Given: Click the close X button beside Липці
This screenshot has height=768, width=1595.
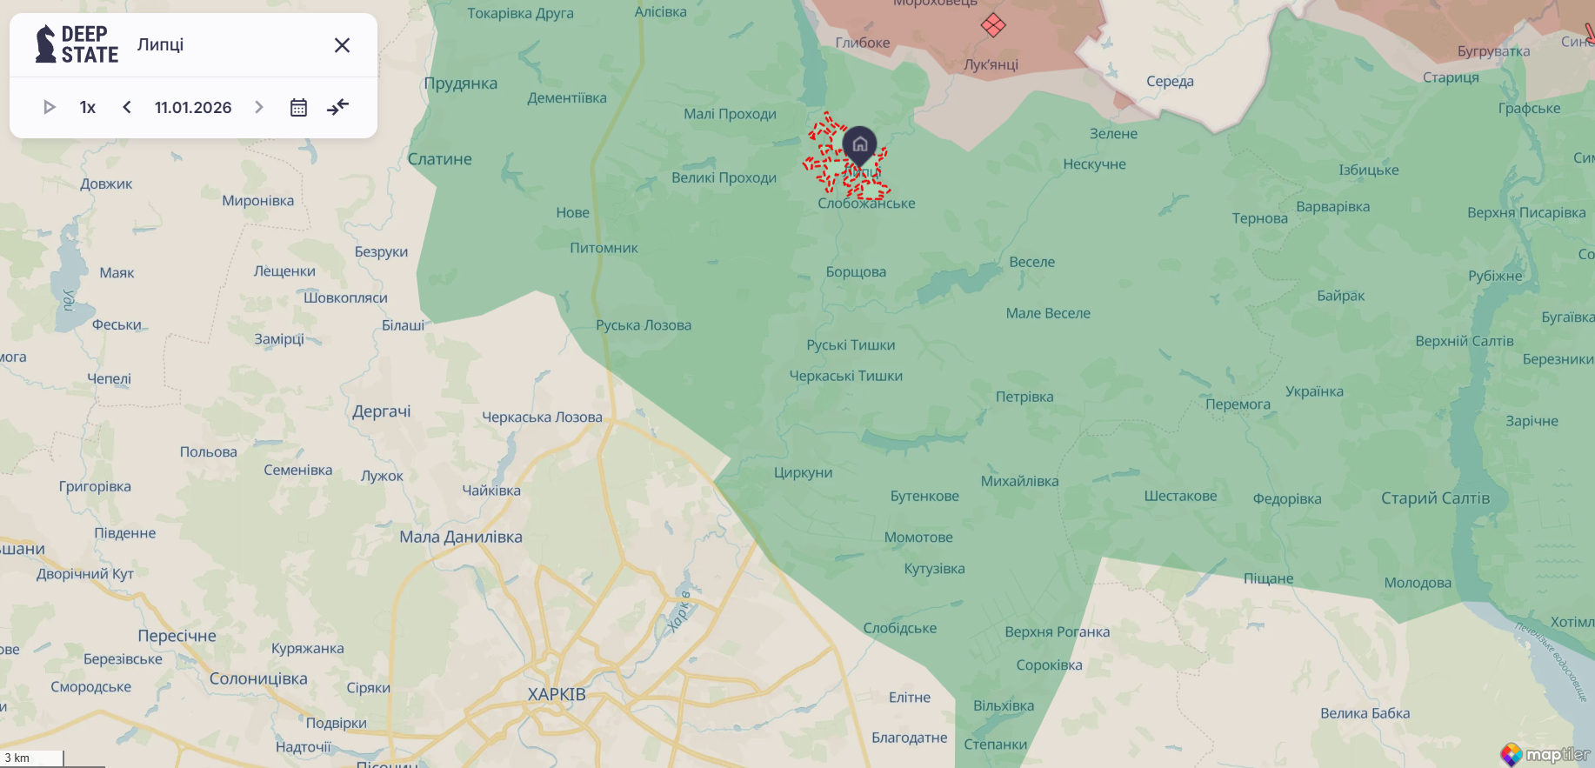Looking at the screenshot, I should [x=342, y=45].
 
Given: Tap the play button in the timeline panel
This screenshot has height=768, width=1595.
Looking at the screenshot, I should [x=50, y=107].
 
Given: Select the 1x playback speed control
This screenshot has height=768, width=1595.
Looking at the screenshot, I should [x=88, y=107].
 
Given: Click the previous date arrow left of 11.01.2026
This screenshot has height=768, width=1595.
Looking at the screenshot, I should [x=127, y=107].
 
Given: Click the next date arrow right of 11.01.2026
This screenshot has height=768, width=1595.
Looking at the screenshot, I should [x=258, y=107].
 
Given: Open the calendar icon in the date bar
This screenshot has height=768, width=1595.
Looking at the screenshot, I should [x=298, y=107].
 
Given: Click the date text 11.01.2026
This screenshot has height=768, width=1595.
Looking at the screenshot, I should [x=193, y=107].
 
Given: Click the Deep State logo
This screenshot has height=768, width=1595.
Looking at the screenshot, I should [x=77, y=44].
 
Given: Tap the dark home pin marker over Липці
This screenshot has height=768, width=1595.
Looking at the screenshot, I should [x=859, y=144].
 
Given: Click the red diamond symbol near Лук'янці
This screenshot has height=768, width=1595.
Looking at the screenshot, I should [x=993, y=25].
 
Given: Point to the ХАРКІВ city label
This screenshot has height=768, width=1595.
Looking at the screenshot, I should [x=557, y=694].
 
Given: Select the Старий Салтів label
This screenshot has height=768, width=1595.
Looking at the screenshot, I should [x=1435, y=498].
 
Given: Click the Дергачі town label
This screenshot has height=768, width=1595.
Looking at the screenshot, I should [x=382, y=411].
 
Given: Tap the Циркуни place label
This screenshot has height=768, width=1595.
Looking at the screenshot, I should [x=803, y=472].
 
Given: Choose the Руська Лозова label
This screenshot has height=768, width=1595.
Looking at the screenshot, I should [x=644, y=325].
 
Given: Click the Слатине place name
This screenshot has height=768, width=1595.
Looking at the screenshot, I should [x=440, y=159].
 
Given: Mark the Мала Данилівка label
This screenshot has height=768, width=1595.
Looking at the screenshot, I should [x=461, y=537].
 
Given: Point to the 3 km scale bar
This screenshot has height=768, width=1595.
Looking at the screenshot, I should [x=32, y=758].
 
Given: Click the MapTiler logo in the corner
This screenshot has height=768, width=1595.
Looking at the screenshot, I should [x=1545, y=754].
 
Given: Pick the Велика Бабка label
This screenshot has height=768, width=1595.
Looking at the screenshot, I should [x=1365, y=713].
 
